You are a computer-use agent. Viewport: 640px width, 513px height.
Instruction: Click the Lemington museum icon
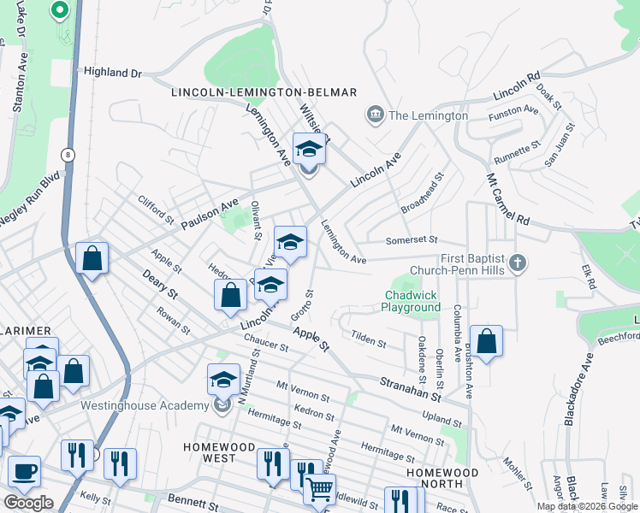coord(374,115)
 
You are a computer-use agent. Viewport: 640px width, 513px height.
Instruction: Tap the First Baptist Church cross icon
coord(516,262)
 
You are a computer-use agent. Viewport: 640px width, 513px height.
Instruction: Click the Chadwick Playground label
coord(411,301)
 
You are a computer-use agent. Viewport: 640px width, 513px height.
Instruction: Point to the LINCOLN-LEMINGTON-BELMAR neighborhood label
coord(264,92)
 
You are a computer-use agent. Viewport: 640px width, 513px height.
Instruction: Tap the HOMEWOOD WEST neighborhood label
coord(219,452)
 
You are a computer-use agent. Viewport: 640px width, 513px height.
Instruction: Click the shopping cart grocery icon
coord(319,490)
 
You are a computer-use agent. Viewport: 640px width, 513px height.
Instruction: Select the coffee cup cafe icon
coord(24,472)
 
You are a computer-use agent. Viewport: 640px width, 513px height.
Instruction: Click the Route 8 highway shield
coord(66,154)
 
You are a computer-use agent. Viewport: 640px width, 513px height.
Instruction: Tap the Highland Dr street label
coord(112,74)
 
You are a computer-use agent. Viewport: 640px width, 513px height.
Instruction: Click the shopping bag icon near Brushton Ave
coord(486,342)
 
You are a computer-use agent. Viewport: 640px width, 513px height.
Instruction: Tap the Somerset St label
coord(411,240)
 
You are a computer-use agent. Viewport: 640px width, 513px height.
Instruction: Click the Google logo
coord(28,503)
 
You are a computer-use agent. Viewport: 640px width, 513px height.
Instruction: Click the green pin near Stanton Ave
coord(59,11)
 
